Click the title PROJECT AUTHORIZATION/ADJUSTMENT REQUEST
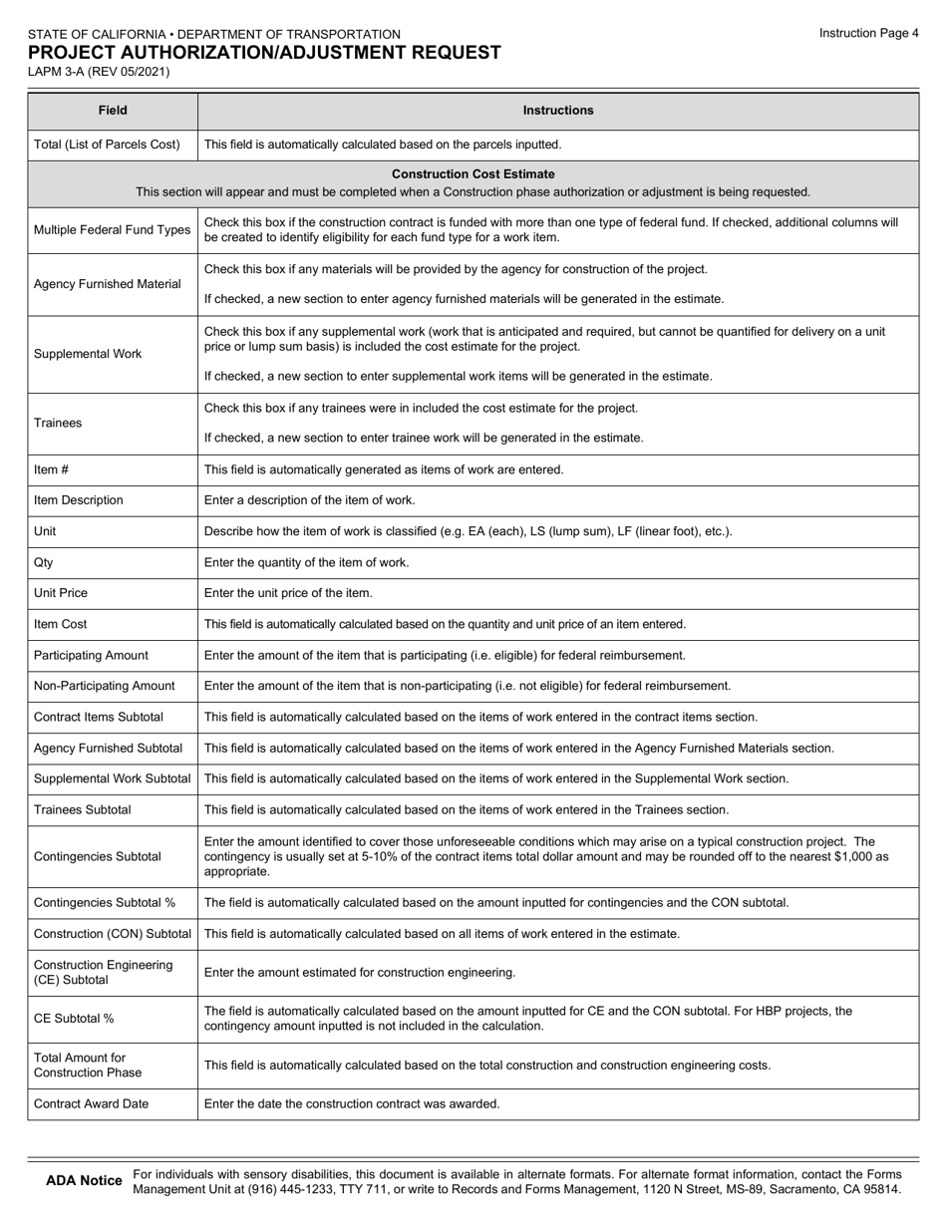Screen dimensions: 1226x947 pyautogui.click(x=264, y=53)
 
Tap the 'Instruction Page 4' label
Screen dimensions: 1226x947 pyautogui.click(x=868, y=33)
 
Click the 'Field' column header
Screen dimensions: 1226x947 pyautogui.click(x=113, y=111)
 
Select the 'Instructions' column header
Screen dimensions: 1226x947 pyautogui.click(x=557, y=111)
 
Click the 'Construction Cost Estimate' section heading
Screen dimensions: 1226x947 pyautogui.click(x=473, y=174)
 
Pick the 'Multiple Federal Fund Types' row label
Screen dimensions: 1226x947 pyautogui.click(x=112, y=230)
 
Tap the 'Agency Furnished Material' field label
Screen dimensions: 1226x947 pyautogui.click(x=108, y=284)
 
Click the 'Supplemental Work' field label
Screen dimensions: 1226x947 pyautogui.click(x=88, y=354)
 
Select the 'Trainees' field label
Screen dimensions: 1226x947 pyautogui.click(x=58, y=423)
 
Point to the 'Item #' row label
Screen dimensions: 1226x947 pyautogui.click(x=52, y=469)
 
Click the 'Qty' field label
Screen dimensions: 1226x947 pyautogui.click(x=44, y=562)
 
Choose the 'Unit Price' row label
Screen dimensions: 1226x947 pyautogui.click(x=61, y=593)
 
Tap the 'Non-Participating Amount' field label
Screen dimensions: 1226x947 pyautogui.click(x=105, y=686)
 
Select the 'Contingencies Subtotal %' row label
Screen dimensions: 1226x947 pyautogui.click(x=105, y=903)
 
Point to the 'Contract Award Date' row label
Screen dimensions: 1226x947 pyautogui.click(x=91, y=1104)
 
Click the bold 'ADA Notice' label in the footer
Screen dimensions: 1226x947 pyautogui.click(x=84, y=1181)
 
